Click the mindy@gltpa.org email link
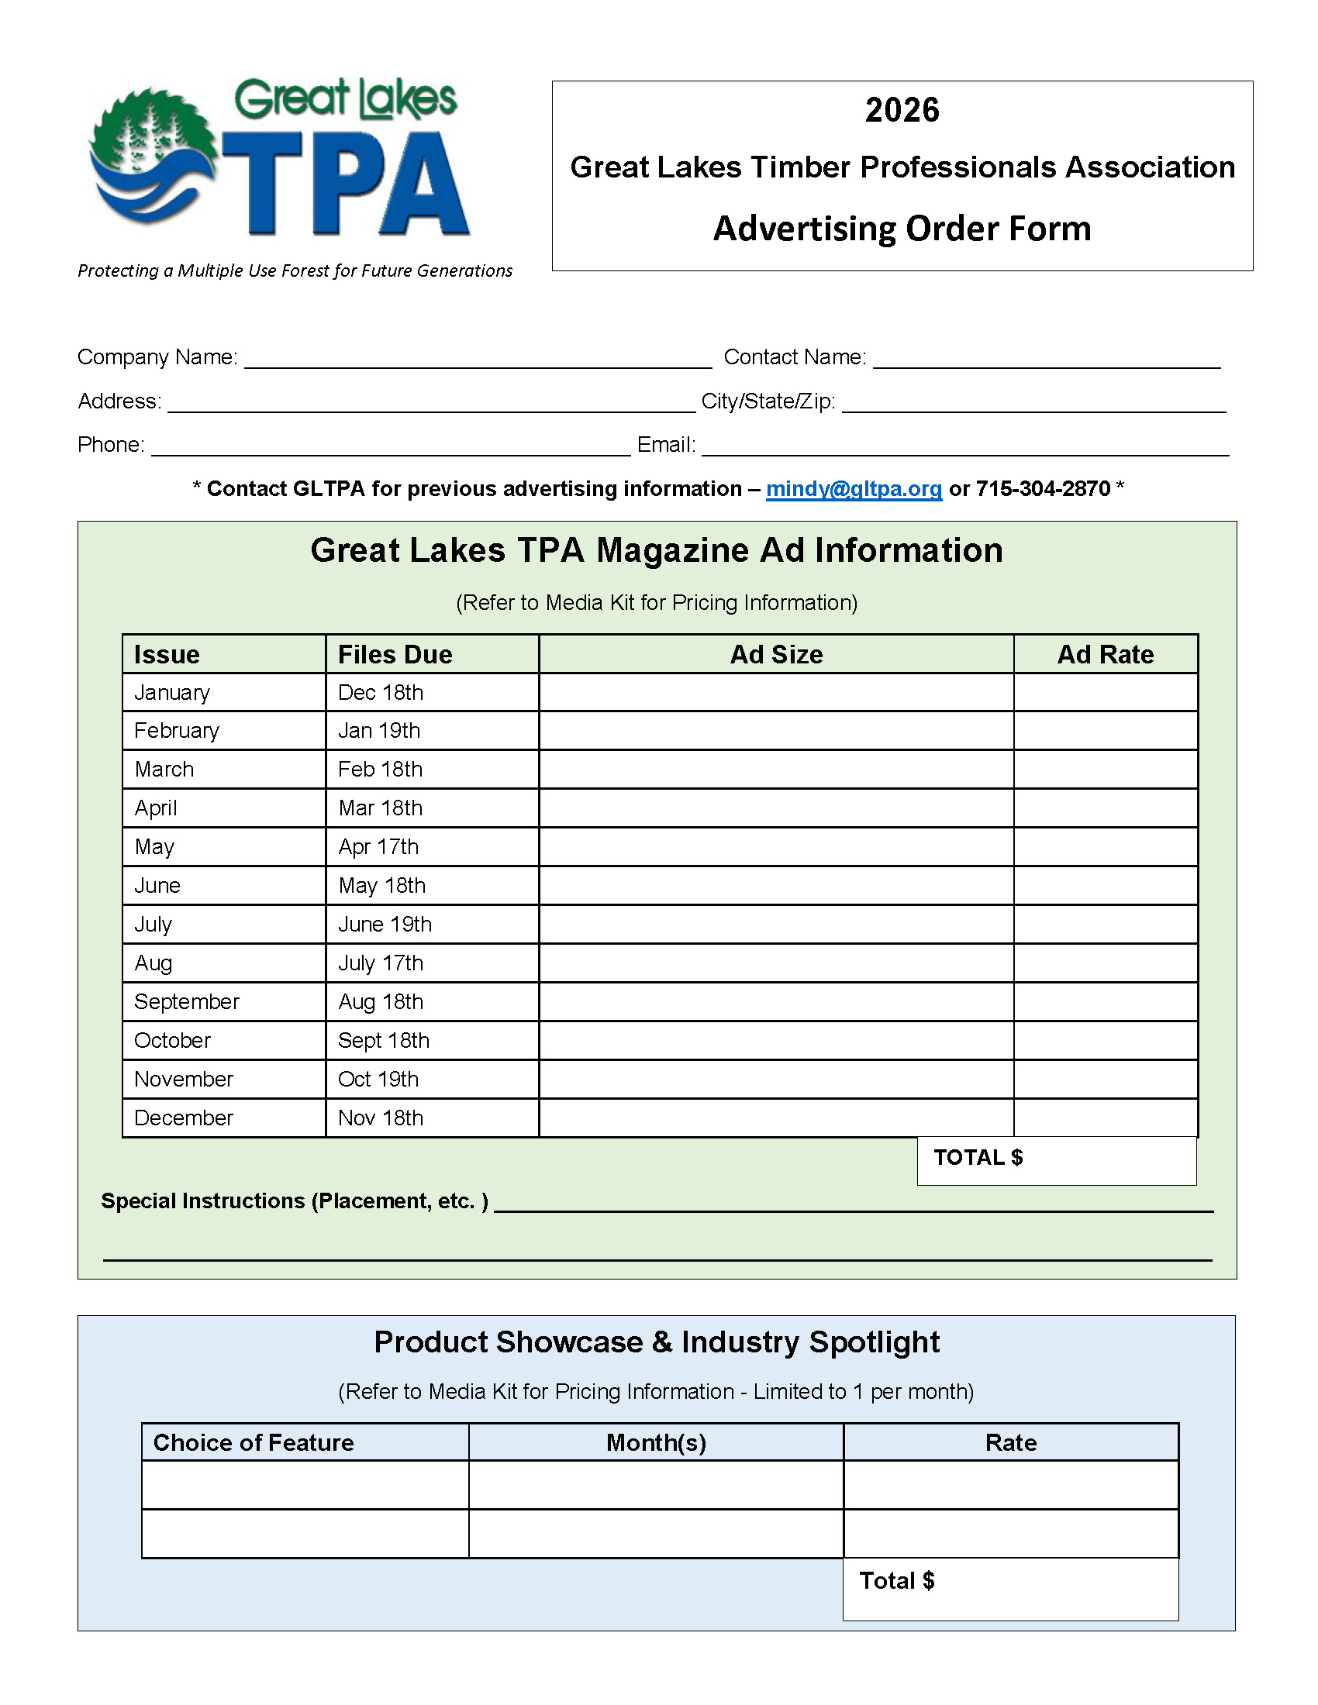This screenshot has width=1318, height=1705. [x=854, y=489]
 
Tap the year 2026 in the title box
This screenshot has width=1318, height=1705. [x=902, y=110]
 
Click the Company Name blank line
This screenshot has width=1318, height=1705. [x=478, y=359]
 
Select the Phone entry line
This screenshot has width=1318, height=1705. [x=391, y=446]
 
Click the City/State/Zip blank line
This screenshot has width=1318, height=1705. [x=1033, y=403]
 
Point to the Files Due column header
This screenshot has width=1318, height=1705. [x=395, y=654]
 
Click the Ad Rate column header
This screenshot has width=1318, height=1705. [x=1105, y=654]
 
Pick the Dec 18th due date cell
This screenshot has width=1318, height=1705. [x=381, y=692]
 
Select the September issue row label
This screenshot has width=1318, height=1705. [x=187, y=1001]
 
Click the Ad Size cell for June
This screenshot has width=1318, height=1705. [x=776, y=885]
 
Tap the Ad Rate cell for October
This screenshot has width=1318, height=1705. [x=1105, y=1040]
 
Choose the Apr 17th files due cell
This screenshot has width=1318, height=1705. [x=378, y=847]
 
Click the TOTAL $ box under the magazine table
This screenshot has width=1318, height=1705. [x=1057, y=1160]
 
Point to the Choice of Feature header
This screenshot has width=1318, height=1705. [x=254, y=1443]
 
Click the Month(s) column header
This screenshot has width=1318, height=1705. [x=656, y=1443]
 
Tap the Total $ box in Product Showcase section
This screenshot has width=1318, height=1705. [x=1010, y=1588]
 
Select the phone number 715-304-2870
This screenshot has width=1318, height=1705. [x=1043, y=489]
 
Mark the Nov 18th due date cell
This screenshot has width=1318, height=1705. [x=381, y=1118]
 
